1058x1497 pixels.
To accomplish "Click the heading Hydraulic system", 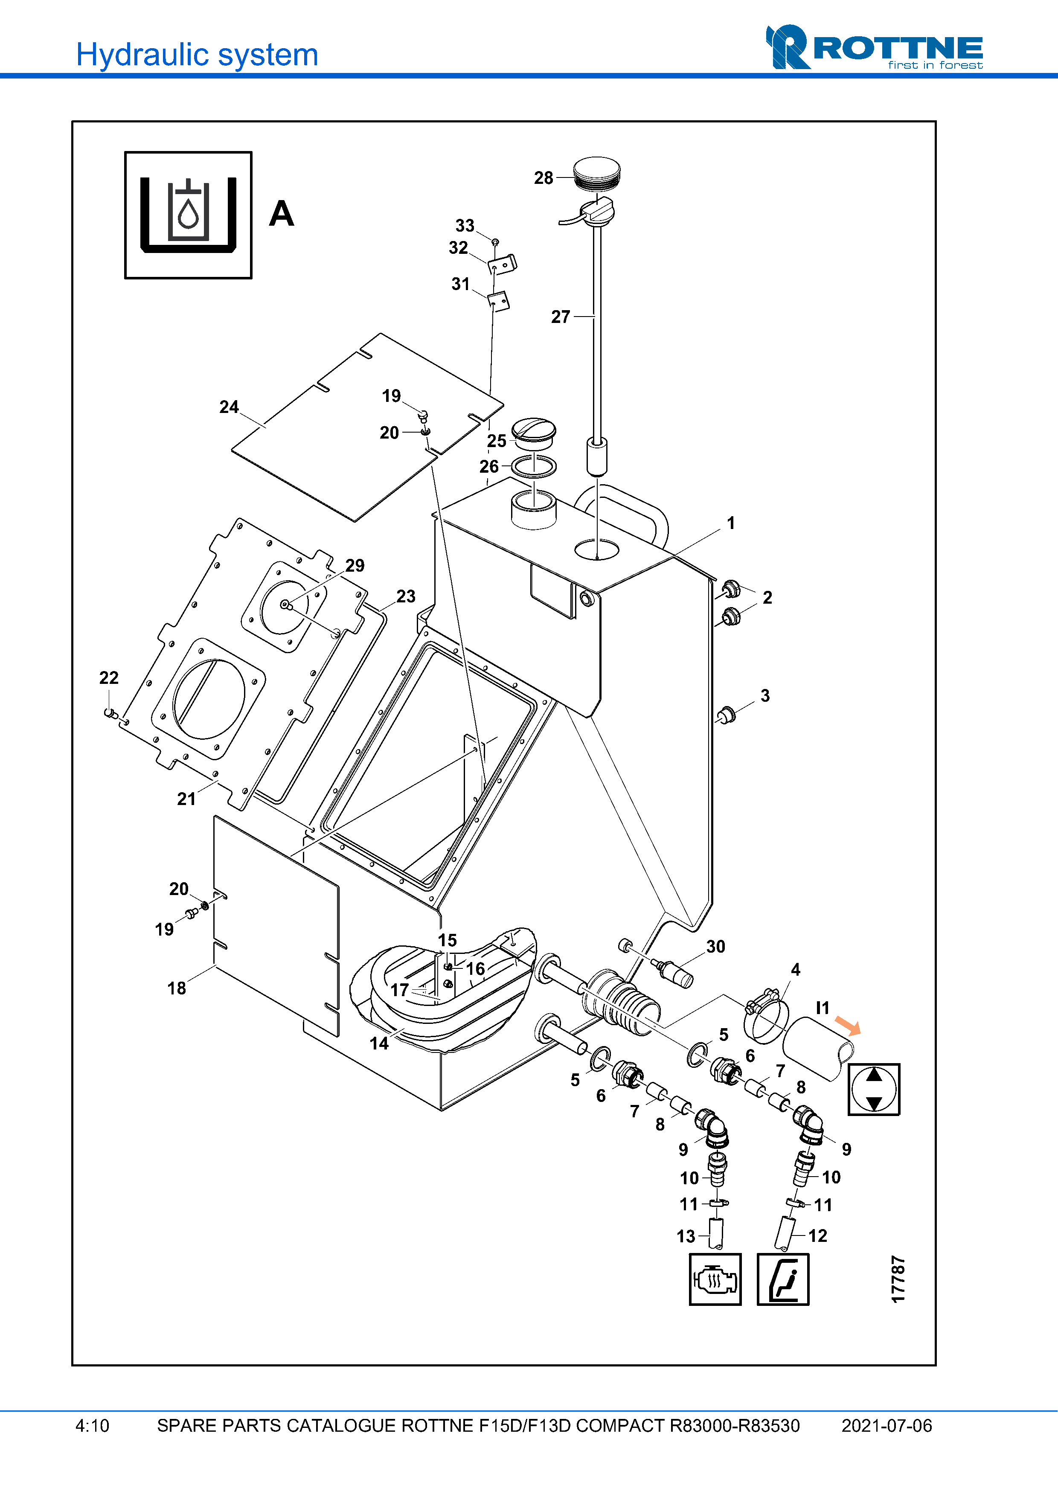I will pos(197,55).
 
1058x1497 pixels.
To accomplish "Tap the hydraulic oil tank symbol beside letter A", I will pos(188,215).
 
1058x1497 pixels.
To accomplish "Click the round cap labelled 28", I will pos(596,172).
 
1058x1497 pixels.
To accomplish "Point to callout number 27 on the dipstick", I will pos(560,317).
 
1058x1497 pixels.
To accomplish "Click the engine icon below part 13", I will pos(715,1279).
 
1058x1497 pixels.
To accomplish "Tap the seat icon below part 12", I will pos(782,1279).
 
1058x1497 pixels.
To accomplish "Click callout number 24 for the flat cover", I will pos(229,407).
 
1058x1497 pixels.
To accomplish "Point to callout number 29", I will pos(355,565).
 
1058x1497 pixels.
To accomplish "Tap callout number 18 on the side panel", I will pos(176,988).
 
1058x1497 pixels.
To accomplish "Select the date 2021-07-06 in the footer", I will pos(886,1426).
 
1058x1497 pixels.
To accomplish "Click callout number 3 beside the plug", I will pos(764,696).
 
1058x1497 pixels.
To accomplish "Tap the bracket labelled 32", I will pos(503,265).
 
